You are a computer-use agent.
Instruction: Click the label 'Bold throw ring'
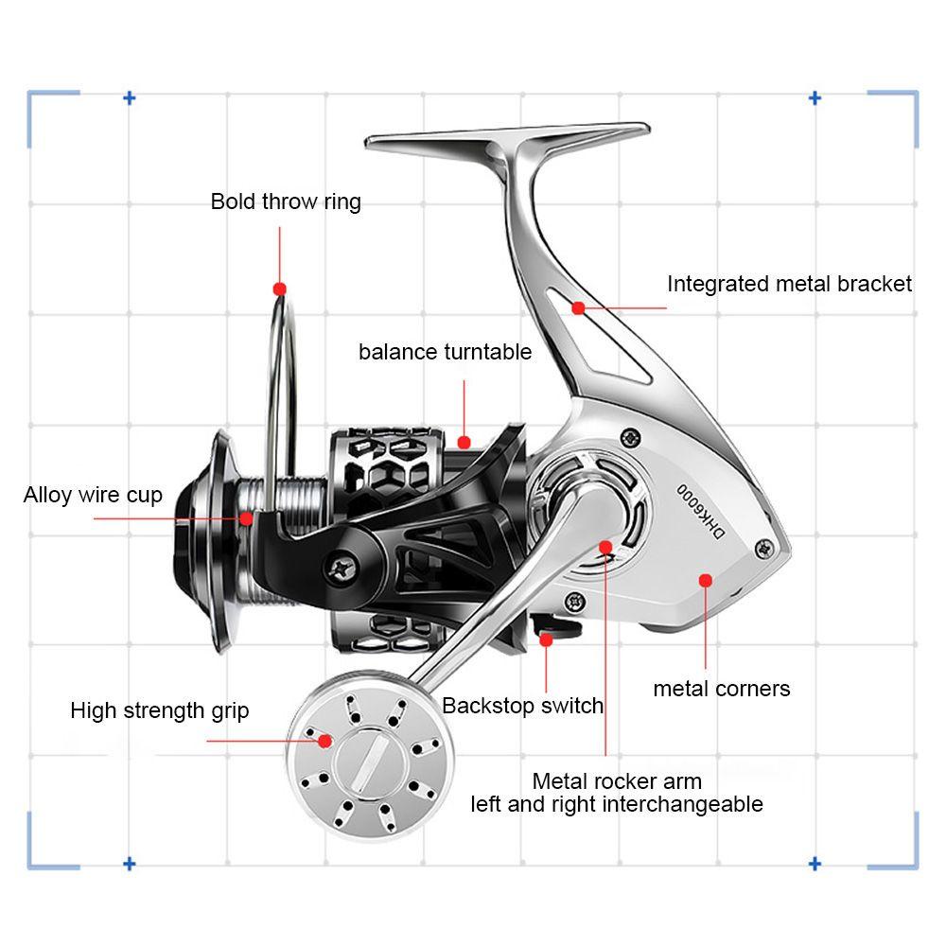286,201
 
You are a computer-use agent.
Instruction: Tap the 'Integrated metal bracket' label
789,284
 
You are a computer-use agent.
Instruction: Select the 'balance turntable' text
445,352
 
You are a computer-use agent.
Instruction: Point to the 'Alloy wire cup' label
93,495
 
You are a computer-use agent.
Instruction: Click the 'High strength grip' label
160,710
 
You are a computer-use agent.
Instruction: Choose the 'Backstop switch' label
522,705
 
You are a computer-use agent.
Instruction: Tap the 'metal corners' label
721,689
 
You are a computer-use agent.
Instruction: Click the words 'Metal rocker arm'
617,781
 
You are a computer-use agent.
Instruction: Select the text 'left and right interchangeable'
617,804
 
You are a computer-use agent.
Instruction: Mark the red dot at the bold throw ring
279,288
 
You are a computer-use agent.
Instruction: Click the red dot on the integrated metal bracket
578,307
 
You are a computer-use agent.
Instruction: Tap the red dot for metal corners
706,580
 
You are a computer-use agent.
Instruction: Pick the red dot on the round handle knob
325,741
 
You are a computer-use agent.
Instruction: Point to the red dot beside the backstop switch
546,639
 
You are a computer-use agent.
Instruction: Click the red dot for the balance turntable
464,441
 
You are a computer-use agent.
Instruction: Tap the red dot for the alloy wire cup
247,518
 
